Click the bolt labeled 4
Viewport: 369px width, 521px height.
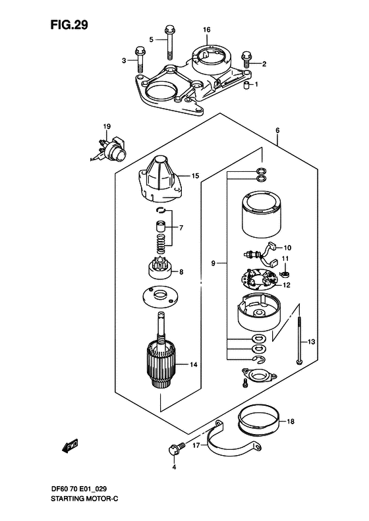(x=175, y=451)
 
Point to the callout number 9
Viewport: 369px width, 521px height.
(x=213, y=263)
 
